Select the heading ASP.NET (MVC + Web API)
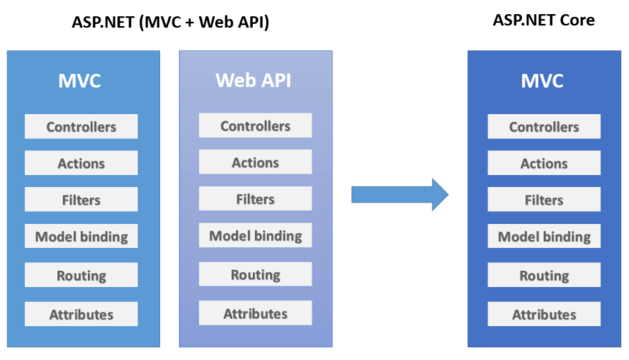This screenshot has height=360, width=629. (x=170, y=22)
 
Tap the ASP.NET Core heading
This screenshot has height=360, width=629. (x=543, y=20)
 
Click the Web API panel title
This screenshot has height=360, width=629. (x=254, y=80)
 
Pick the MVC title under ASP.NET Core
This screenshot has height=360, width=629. (x=543, y=81)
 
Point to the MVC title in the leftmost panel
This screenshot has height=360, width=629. (x=79, y=81)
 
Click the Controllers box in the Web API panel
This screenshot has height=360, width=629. (x=255, y=126)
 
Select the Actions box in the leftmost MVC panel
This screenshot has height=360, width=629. (x=81, y=163)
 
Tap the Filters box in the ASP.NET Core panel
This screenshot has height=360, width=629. (x=544, y=200)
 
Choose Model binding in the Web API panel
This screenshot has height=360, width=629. (x=255, y=236)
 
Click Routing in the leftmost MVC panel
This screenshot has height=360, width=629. (x=81, y=276)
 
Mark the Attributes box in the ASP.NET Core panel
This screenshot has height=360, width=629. (x=544, y=314)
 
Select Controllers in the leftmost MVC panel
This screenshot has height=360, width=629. (x=81, y=127)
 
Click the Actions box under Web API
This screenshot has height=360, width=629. (x=255, y=163)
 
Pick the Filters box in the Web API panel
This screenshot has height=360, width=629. (x=255, y=199)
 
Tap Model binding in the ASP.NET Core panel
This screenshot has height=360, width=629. (x=544, y=237)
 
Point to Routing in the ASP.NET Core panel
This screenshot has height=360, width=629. (x=544, y=276)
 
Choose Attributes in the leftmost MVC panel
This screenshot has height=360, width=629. (x=81, y=314)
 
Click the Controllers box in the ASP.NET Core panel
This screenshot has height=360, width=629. (x=544, y=127)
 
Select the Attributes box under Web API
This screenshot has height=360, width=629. (x=255, y=313)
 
